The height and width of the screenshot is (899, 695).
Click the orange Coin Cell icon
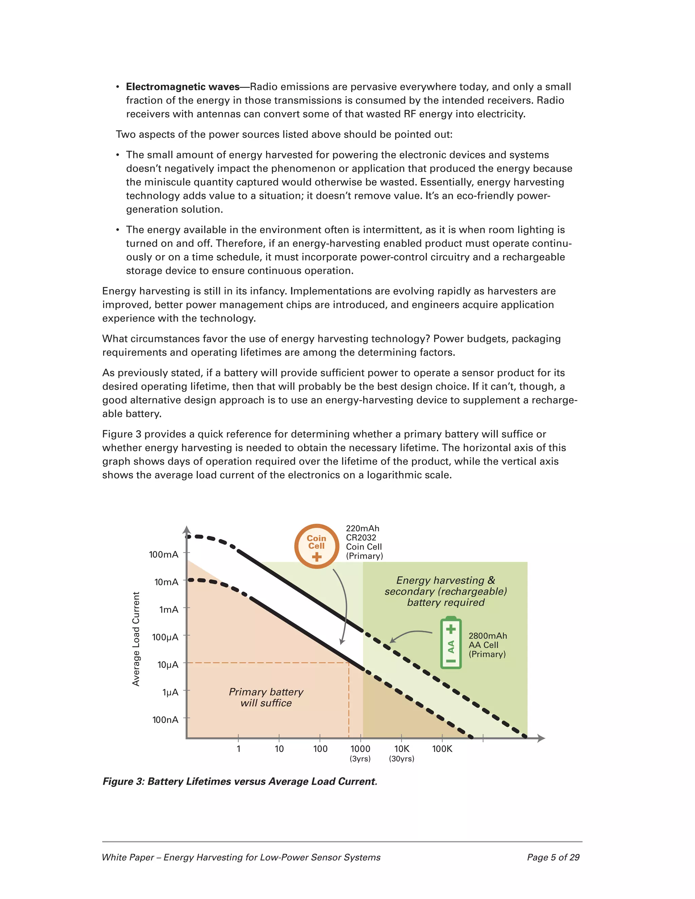[316, 546]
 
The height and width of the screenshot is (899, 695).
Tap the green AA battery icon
[451, 643]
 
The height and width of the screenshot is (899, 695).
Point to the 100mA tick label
[164, 554]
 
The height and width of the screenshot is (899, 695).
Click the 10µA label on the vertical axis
[168, 664]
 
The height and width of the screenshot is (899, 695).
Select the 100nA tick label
[165, 720]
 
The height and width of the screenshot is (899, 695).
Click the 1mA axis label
[168, 610]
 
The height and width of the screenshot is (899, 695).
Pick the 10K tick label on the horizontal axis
[401, 749]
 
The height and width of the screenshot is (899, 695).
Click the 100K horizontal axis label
[442, 749]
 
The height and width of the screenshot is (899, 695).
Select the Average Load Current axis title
[136, 639]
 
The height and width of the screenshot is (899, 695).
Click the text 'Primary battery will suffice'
[266, 697]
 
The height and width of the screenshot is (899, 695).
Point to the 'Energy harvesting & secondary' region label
[446, 591]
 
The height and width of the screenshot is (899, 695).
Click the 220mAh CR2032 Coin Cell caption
[364, 542]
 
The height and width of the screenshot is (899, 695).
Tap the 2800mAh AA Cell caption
[488, 645]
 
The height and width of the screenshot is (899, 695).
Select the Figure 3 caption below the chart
[240, 781]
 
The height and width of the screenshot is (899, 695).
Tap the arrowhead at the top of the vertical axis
[187, 530]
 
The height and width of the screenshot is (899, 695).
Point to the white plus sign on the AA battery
[451, 629]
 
